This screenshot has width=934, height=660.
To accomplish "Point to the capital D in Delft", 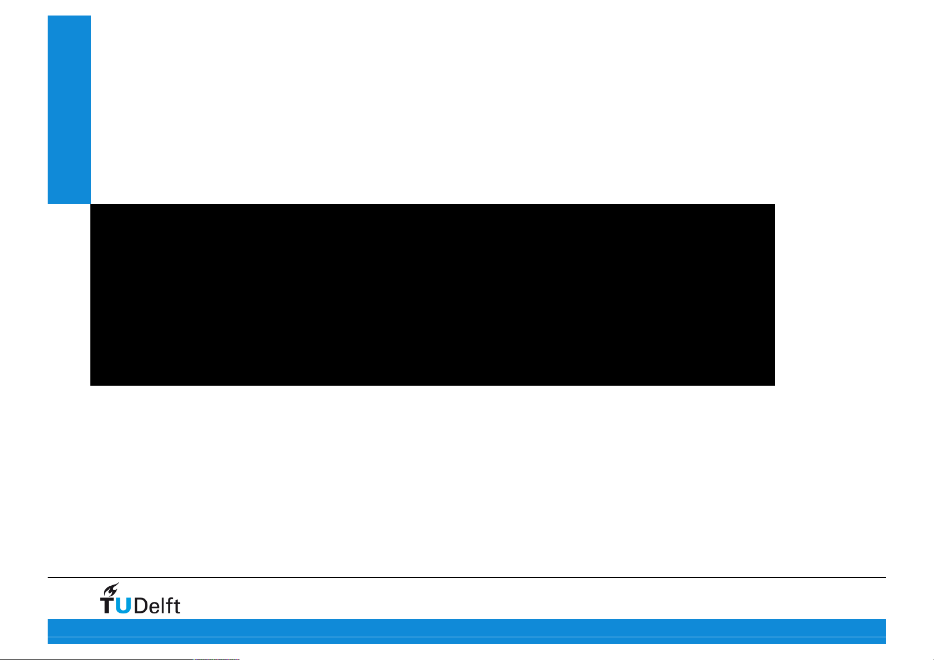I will click(x=141, y=605).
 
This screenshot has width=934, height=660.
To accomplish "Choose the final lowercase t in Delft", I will click(x=176, y=606).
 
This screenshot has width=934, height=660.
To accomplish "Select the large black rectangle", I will click(x=432, y=294).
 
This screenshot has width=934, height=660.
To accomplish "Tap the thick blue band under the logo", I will click(x=466, y=627).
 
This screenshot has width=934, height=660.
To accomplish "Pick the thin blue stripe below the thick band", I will click(x=466, y=641).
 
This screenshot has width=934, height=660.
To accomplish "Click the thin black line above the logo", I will click(x=466, y=577).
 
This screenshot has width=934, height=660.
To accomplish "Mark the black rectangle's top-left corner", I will click(x=91, y=204).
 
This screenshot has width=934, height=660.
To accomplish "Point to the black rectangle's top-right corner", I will click(x=774, y=204).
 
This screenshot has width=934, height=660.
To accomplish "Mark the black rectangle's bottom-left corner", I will click(x=91, y=385).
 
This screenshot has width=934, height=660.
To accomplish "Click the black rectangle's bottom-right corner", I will click(x=774, y=385).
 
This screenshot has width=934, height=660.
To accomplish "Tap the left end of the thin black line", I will click(x=49, y=577).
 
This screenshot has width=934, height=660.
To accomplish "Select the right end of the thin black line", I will click(x=885, y=577).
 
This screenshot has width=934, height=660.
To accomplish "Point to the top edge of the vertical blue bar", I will click(x=69, y=16).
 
